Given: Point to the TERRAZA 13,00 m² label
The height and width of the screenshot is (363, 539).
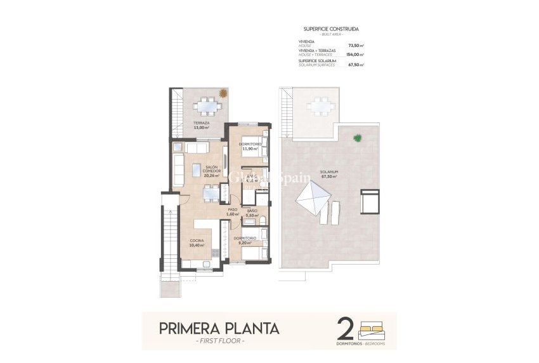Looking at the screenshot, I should [x=202, y=125].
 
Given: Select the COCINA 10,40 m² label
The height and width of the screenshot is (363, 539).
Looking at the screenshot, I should [x=197, y=242].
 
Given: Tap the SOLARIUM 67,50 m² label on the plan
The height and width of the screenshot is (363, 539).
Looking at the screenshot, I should [x=328, y=174].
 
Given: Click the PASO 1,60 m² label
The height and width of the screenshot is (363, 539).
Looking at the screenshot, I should [x=233, y=213].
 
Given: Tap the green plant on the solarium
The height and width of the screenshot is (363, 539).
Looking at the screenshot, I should [x=358, y=137].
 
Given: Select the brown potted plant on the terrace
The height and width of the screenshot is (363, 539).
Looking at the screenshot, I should [x=223, y=93].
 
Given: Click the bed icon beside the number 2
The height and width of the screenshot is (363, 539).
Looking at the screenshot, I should [x=372, y=330].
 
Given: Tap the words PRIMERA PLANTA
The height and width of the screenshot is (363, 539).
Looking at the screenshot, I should [x=218, y=328].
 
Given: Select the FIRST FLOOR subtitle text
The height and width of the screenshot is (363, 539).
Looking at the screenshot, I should [x=218, y=341].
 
